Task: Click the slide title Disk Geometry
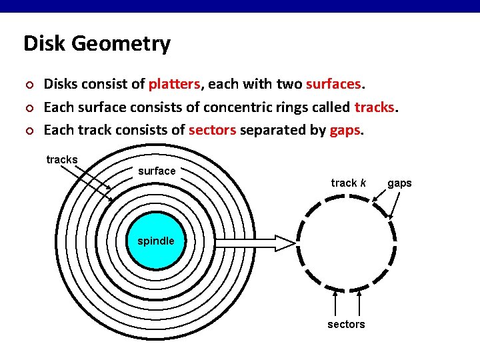pos(97,44)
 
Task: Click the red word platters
pos(174,85)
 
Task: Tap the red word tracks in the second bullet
pos(376,107)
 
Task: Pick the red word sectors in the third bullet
pos(212,130)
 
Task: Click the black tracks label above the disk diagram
pos(62,159)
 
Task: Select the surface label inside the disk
pos(157,171)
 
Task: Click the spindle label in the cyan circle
pos(155,241)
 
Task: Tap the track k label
pos(348,183)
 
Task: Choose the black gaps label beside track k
pos(399,183)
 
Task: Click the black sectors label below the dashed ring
pos(346,324)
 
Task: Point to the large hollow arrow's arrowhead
pos(284,243)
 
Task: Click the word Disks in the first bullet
pos(60,85)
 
